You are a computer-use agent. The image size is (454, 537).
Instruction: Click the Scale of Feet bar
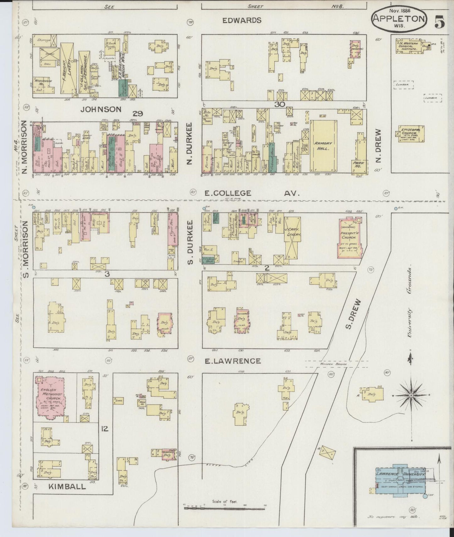(x=225, y=506)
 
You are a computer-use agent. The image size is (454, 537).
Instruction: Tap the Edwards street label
(x=242, y=20)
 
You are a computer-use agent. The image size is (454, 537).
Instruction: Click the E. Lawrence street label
(x=232, y=361)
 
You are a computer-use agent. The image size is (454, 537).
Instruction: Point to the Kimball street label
(x=67, y=487)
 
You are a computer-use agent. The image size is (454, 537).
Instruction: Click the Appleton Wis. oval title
(x=399, y=19)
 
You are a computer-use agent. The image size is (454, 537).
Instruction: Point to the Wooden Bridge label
(x=338, y=364)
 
